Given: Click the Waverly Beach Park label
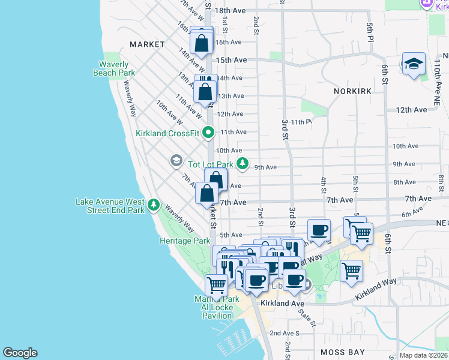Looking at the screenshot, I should tap(114, 68).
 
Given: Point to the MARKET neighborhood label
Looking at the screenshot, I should tap(147, 44).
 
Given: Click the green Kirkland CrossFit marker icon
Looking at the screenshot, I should tap(208, 131).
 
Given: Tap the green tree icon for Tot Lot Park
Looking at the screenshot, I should tap(242, 163).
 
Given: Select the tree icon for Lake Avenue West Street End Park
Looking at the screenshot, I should tap(154, 206).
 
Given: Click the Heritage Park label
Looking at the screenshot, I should tap(185, 241).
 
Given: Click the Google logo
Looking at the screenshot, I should tap(20, 353).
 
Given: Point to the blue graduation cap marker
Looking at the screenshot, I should tap(414, 64).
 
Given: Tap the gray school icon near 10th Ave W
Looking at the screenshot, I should tap(176, 160).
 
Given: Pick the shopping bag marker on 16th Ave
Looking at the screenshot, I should tap(202, 43).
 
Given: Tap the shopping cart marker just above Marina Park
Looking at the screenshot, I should tap(216, 284).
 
